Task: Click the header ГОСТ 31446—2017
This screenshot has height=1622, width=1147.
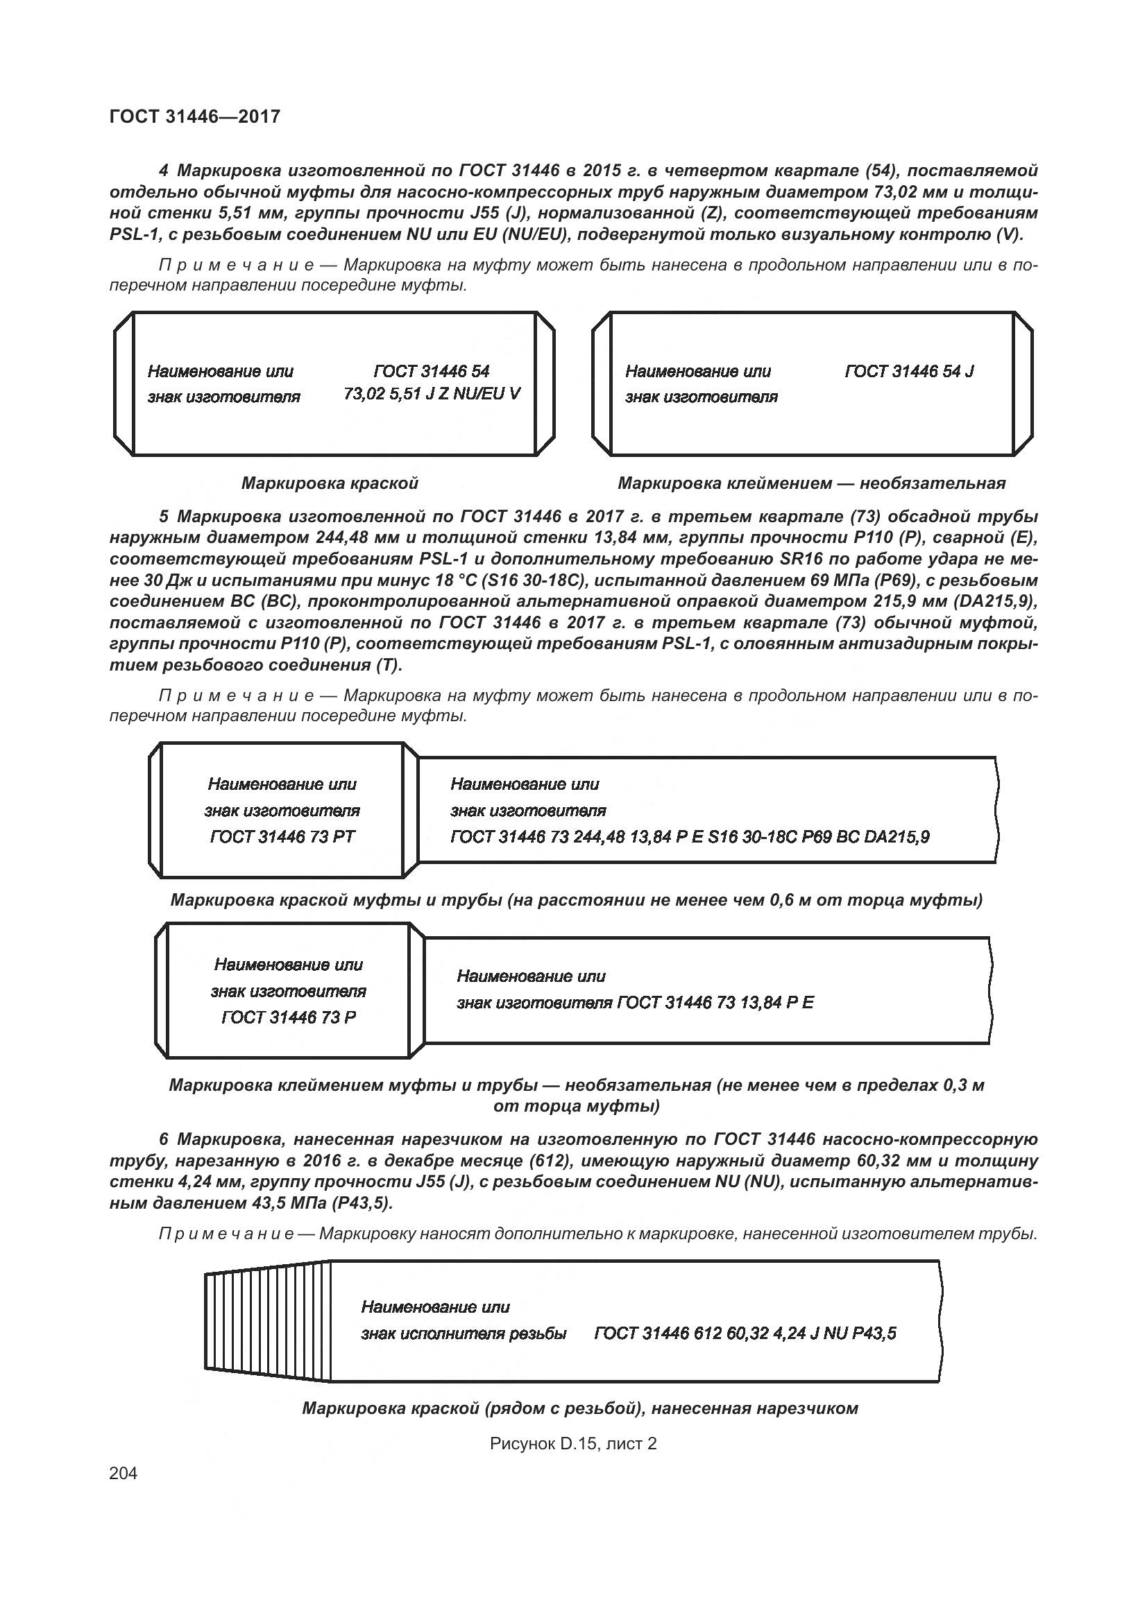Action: tap(195, 117)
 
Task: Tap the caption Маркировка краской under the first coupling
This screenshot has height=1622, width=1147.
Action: tap(330, 483)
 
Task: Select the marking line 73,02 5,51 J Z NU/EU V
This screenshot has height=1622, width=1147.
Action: tap(432, 393)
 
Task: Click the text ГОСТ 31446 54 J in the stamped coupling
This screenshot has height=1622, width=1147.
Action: tap(909, 372)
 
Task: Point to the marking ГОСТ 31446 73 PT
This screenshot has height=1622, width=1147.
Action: tap(282, 837)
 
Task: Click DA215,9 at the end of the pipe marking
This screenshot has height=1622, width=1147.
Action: tap(897, 837)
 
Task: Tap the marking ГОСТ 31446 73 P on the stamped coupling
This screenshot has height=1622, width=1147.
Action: tap(289, 1017)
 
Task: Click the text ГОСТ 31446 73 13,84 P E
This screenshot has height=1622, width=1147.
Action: tap(715, 1003)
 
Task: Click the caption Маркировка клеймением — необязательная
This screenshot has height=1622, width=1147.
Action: tap(811, 483)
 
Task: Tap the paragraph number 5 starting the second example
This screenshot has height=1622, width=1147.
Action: tap(164, 517)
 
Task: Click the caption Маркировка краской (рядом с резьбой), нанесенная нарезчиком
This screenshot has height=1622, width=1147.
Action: tap(579, 1408)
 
